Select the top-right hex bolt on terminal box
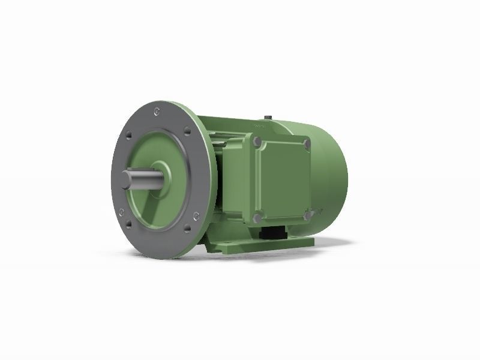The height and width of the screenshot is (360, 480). (x=307, y=143)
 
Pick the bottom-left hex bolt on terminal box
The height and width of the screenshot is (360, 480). (x=257, y=217)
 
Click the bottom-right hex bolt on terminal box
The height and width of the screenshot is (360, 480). (x=307, y=214)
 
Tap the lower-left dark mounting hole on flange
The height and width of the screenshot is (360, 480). (x=122, y=212)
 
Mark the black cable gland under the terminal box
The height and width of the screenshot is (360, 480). (x=273, y=232)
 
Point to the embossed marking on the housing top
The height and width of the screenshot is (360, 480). (x=260, y=127)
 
